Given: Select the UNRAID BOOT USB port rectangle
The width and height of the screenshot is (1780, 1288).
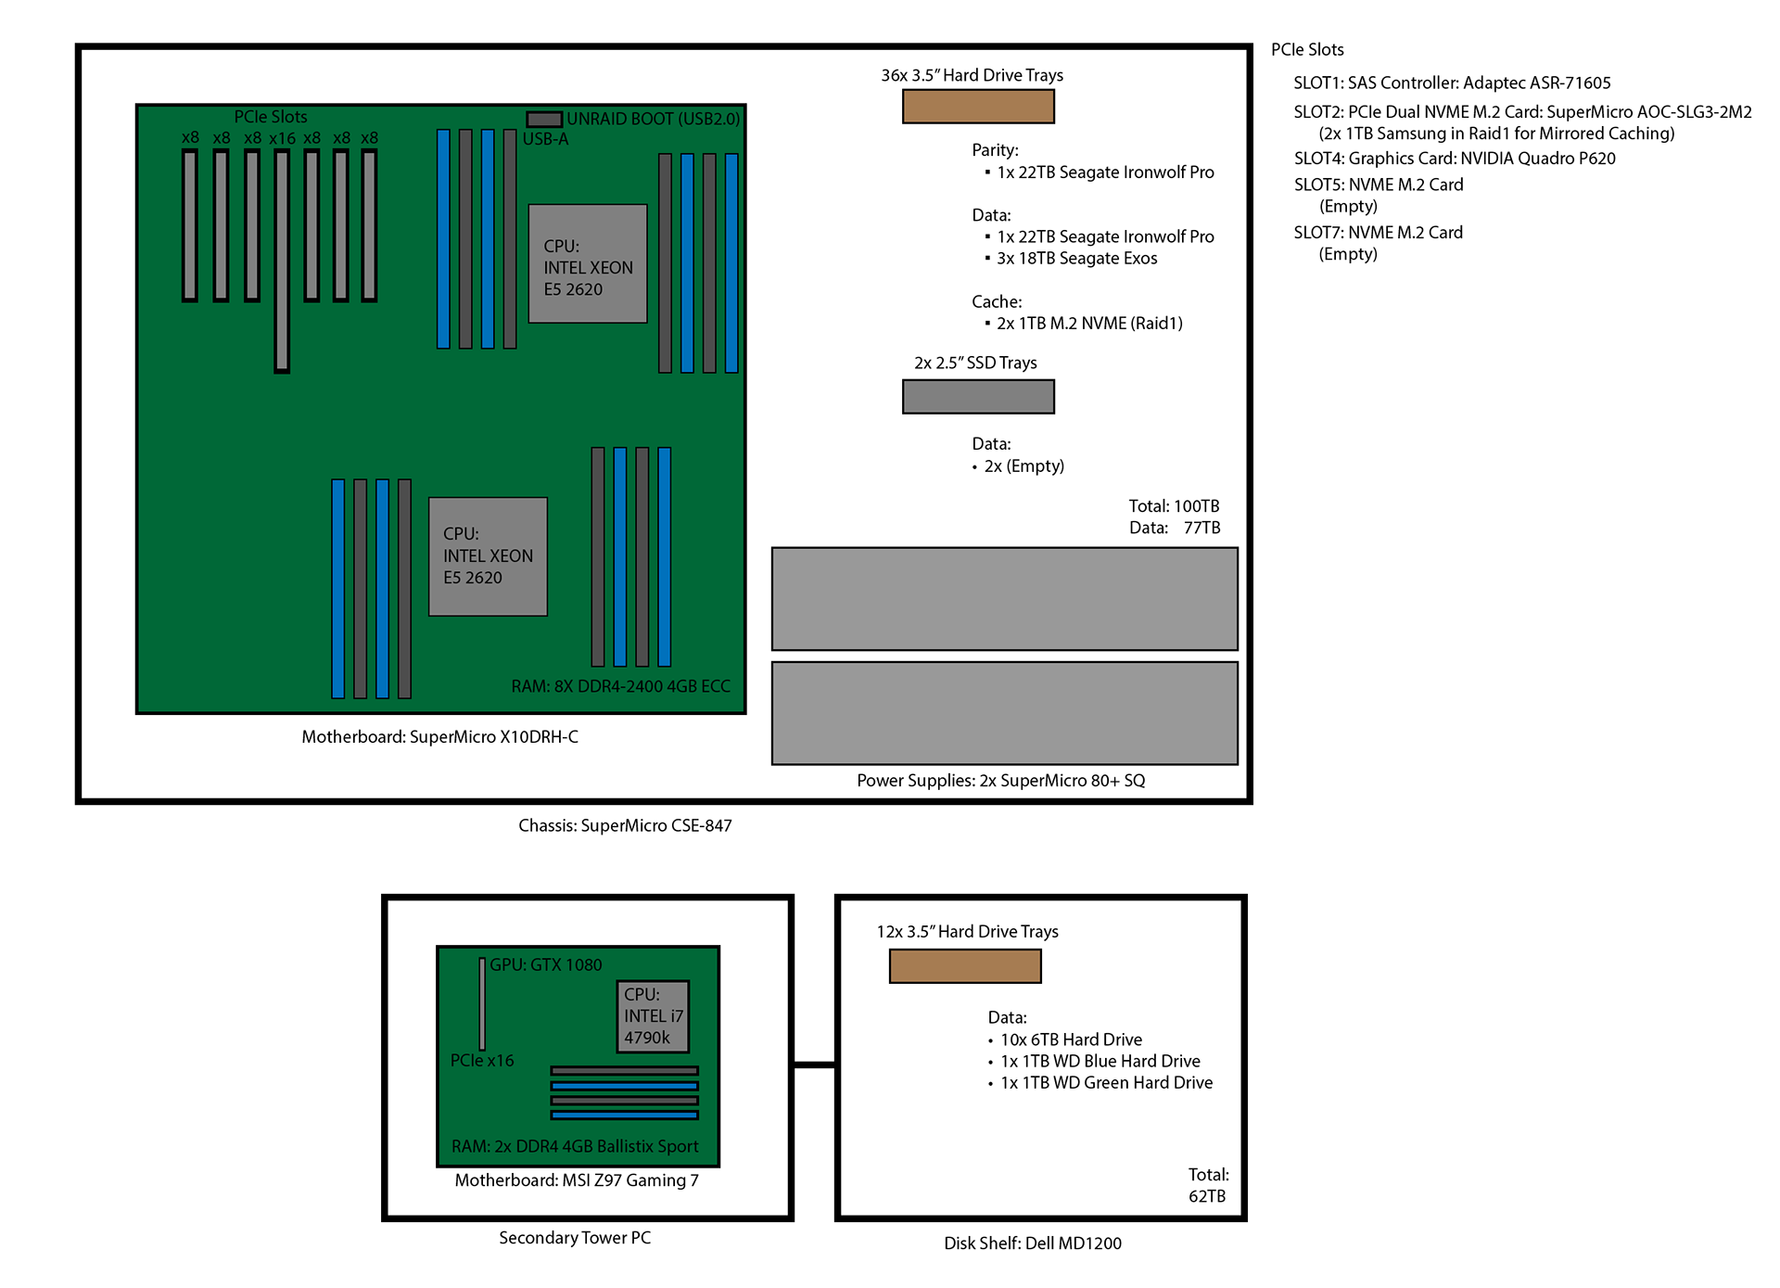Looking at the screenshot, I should pos(544,120).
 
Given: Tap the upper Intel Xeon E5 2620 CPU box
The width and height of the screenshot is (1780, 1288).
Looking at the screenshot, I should pos(587,264).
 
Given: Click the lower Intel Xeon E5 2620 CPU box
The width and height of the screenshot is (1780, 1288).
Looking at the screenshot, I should pos(488,556).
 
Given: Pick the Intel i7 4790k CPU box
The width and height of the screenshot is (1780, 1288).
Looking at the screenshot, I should pos(653,1016).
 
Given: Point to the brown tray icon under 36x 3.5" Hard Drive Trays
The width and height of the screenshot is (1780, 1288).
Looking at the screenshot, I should pos(978,107).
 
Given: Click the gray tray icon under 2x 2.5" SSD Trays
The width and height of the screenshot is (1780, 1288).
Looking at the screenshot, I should pos(978,397).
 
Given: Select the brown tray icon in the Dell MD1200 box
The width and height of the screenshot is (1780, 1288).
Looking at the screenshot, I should pos(965,966).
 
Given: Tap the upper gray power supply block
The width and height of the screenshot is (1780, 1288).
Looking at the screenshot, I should pos(1004,599).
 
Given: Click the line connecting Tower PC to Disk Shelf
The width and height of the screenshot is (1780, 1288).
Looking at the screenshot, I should pos(814,1065).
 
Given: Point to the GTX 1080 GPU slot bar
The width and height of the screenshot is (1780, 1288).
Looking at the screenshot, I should pos(482,1003).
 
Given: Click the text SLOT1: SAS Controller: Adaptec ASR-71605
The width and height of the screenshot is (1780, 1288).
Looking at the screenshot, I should pos(1452,83).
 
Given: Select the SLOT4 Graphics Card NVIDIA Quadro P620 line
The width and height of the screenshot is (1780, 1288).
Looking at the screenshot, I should pos(1454,159).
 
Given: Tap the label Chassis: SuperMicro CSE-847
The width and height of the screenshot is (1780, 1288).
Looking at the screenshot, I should pos(625,825).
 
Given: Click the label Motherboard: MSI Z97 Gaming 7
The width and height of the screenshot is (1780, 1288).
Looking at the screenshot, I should pos(577,1180).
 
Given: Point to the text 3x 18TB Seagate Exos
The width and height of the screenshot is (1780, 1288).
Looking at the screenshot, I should pos(1076,259).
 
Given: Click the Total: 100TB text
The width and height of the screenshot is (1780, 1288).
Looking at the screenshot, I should pos(1174,506).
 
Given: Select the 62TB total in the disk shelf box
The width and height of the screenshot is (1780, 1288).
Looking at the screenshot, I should pos(1207,1196).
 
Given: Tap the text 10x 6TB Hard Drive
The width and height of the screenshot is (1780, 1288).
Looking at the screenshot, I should pos(1071,1039).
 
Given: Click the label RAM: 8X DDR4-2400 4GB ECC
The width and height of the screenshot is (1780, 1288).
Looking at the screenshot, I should pos(620,686).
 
